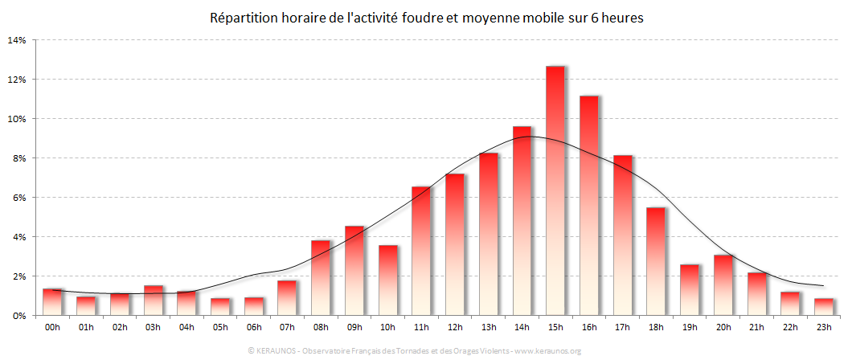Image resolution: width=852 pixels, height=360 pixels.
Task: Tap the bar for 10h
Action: tap(387, 280)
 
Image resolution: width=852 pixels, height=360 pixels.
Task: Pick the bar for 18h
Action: tap(656, 261)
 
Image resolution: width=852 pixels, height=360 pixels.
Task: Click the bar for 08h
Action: tap(320, 278)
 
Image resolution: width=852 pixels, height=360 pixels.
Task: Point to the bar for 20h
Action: tap(723, 285)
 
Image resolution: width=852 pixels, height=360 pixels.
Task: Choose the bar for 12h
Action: tap(454, 244)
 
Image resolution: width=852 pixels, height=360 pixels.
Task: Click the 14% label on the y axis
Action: tap(17, 40)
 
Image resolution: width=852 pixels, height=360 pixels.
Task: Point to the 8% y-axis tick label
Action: tap(19, 158)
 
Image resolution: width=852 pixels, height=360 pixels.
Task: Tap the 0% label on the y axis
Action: tap(19, 316)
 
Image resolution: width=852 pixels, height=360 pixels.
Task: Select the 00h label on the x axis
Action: tap(52, 328)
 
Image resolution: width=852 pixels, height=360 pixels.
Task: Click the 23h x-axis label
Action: tap(824, 328)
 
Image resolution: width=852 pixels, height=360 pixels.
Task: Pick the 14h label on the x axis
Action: tap(522, 328)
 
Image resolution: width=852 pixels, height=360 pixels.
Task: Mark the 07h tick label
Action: tap(287, 328)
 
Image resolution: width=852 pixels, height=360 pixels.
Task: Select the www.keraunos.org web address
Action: tap(548, 351)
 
